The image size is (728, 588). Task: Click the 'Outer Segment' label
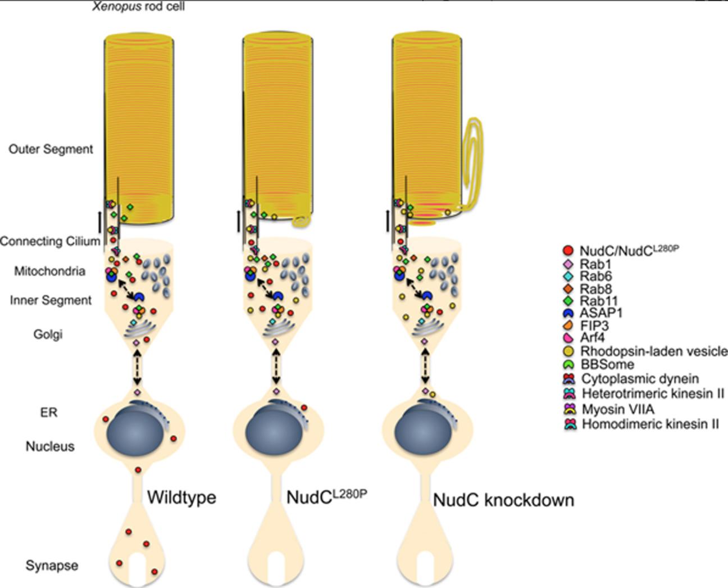pos(51,149)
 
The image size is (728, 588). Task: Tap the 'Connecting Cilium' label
pos(50,241)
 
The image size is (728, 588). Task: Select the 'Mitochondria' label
pos(50,272)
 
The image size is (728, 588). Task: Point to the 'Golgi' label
pos(48,334)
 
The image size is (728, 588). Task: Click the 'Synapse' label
pos(52,566)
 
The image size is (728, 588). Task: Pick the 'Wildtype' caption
pos(181,497)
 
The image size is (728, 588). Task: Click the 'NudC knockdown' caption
pos(503,500)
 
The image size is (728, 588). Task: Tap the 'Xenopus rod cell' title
pos(138,7)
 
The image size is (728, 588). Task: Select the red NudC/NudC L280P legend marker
pos(568,251)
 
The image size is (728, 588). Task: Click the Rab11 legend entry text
pos(599,301)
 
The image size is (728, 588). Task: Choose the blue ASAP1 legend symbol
pos(568,313)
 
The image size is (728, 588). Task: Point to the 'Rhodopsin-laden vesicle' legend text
pos(653,351)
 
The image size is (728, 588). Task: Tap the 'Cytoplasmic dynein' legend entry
pos(632,379)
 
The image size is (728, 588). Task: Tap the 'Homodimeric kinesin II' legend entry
pos(650,424)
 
